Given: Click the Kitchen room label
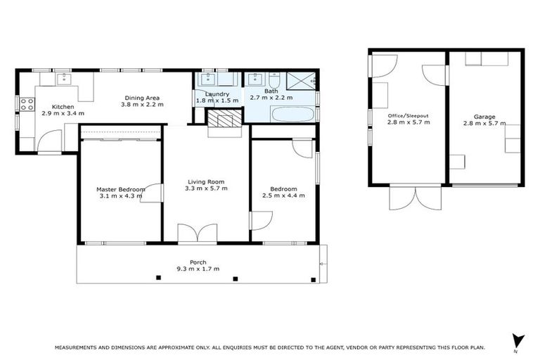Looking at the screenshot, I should click(53, 105).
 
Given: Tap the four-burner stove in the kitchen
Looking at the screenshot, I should click(26, 104).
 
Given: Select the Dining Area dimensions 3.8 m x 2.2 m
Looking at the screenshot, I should click(142, 105).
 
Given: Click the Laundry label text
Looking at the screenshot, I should click(217, 94).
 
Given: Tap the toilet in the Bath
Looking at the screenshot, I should click(276, 79).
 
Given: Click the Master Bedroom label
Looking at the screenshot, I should click(121, 189).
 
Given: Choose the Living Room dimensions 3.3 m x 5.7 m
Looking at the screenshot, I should click(205, 189).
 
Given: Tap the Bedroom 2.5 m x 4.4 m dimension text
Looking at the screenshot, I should click(283, 196).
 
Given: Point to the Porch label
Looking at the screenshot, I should click(198, 262).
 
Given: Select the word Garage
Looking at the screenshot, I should click(484, 117).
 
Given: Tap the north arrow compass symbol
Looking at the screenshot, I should click(519, 340).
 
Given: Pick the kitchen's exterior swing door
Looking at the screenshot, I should click(50, 144).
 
